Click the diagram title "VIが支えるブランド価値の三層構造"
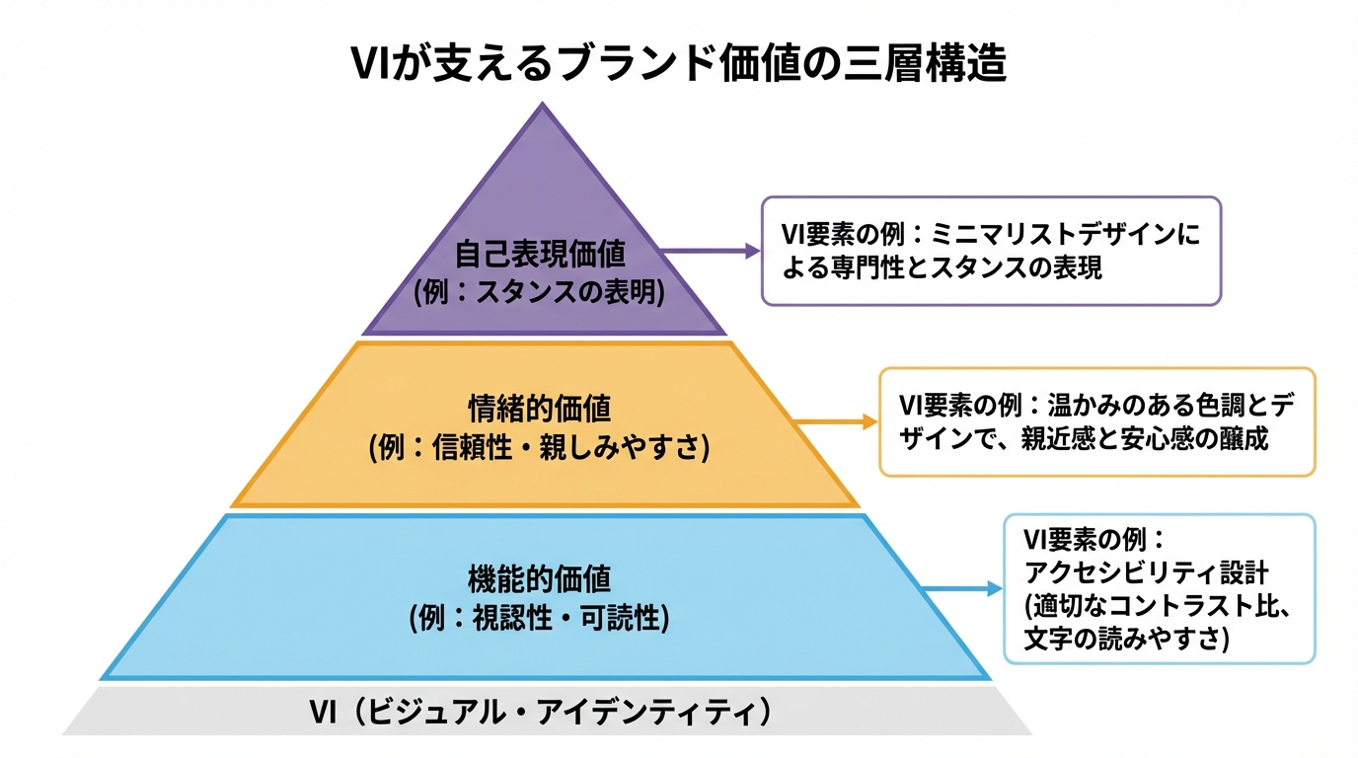679,66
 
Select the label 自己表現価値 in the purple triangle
540,255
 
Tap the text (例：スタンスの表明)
540,292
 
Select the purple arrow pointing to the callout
711,252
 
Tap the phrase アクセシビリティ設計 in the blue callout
1146,572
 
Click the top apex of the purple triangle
542,106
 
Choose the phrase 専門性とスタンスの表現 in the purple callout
968,267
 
